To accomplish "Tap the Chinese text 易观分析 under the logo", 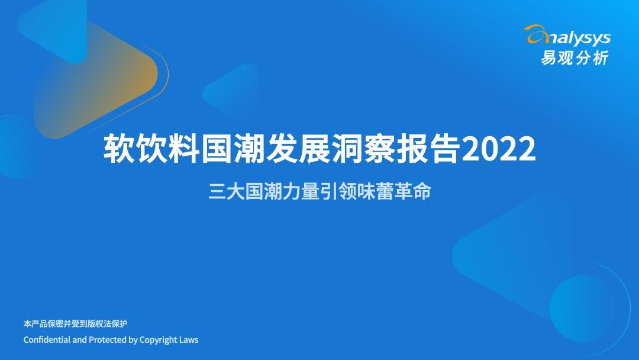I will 573,57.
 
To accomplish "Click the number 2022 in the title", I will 498,150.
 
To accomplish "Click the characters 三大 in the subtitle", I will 226,192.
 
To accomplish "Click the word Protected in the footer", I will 107,340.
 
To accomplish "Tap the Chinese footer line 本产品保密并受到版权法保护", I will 75,324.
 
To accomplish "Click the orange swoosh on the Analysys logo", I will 536,34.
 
